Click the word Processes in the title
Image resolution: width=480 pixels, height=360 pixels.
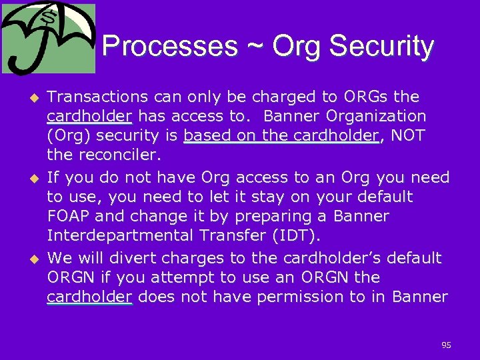click(170, 47)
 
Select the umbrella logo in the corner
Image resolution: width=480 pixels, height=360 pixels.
click(48, 39)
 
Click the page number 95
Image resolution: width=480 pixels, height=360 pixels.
click(446, 345)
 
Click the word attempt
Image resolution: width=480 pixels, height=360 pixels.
click(172, 277)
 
